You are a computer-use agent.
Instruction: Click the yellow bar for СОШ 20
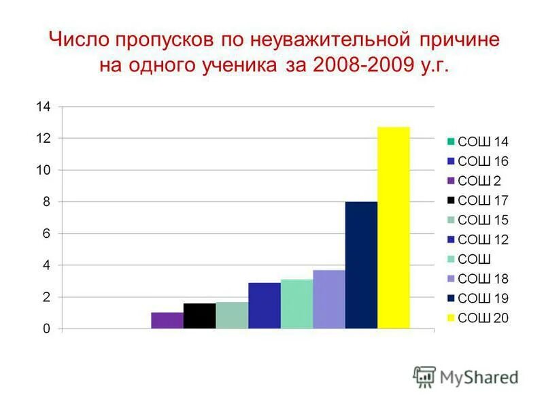click(394, 228)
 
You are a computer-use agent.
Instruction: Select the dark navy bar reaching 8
click(361, 265)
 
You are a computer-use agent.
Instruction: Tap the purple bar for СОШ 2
click(167, 320)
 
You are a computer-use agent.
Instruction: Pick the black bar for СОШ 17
click(199, 316)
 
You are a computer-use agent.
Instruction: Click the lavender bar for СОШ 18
click(329, 299)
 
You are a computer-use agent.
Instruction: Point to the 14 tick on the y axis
click(43, 107)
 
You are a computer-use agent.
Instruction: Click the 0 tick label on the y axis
click(47, 329)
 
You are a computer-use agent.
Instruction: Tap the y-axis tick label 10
click(43, 170)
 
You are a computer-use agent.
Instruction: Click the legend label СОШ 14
click(483, 142)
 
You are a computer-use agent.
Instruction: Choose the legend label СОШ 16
click(483, 162)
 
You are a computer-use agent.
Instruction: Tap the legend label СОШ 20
click(483, 318)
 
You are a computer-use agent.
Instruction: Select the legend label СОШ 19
click(483, 299)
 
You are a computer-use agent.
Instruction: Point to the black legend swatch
click(451, 201)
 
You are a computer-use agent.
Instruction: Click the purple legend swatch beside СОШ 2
click(451, 181)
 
